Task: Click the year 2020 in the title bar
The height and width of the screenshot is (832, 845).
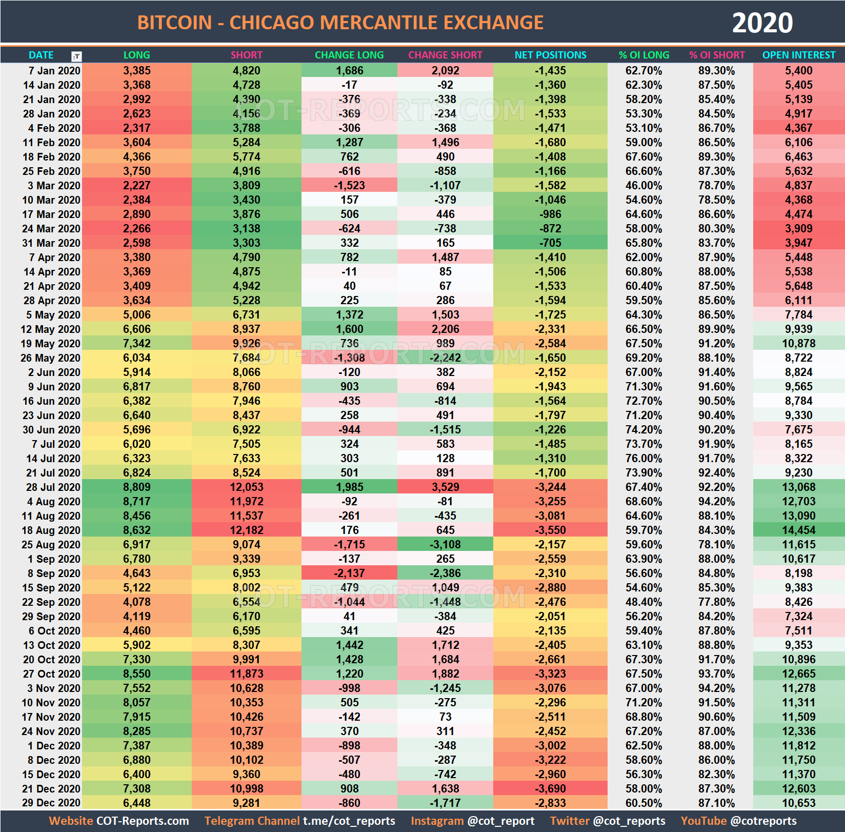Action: tap(762, 23)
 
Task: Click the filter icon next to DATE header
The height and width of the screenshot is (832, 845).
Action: tap(76, 56)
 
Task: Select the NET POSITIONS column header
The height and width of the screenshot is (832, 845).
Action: tap(550, 55)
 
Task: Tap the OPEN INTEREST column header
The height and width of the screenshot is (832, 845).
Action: tap(798, 55)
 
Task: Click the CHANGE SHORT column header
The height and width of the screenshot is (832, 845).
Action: tap(445, 55)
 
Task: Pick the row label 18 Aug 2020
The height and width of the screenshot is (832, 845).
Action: tap(51, 530)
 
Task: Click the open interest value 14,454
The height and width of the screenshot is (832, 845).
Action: tap(798, 530)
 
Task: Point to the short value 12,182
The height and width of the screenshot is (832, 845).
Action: tap(247, 530)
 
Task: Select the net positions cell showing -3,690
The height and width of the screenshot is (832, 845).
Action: tap(550, 788)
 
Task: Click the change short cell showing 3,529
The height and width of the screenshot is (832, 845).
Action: tap(445, 487)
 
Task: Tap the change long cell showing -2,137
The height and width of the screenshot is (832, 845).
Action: tap(349, 573)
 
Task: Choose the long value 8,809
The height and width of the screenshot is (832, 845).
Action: tap(137, 487)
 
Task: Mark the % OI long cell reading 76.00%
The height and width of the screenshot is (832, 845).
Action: tap(643, 458)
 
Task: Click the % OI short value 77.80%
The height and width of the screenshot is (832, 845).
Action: tap(716, 602)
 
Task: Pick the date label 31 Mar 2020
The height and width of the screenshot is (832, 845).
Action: tap(51, 243)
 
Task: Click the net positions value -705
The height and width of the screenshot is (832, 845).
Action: tap(550, 243)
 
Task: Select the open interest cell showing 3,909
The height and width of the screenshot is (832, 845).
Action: tap(798, 228)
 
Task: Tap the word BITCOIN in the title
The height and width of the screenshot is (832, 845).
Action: tap(174, 23)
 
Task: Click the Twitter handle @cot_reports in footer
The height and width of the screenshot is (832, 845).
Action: tap(629, 821)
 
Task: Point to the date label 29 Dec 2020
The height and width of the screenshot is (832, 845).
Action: tap(51, 803)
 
